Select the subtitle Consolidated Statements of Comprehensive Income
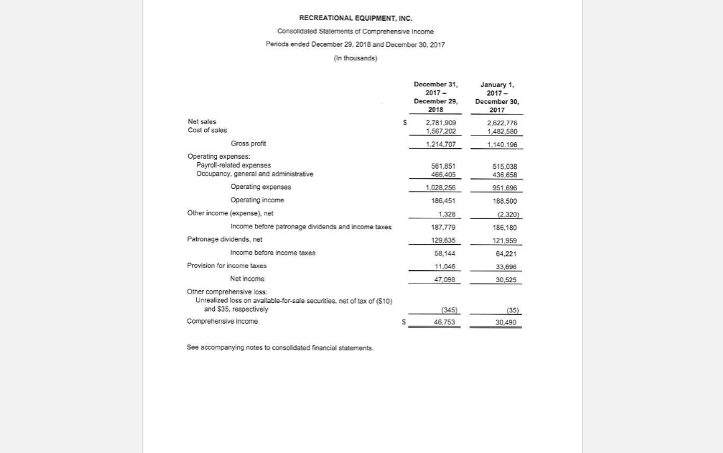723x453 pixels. [355, 31]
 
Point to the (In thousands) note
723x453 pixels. [355, 58]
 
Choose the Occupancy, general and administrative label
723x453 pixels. [254, 174]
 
